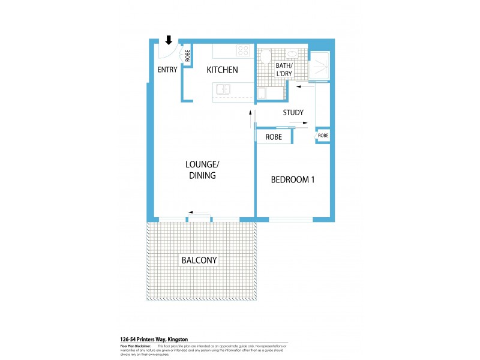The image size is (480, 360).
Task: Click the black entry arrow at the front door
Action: click(x=169, y=40)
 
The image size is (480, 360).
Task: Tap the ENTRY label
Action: click(x=167, y=70)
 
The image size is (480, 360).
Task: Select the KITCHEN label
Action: click(x=222, y=70)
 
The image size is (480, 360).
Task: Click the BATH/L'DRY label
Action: click(x=283, y=69)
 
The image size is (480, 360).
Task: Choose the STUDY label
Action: click(x=293, y=112)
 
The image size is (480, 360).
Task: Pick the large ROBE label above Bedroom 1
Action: click(x=274, y=137)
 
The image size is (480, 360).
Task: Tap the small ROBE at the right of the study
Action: click(x=323, y=136)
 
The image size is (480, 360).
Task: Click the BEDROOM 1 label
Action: click(x=293, y=179)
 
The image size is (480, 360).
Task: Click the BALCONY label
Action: click(x=199, y=260)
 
